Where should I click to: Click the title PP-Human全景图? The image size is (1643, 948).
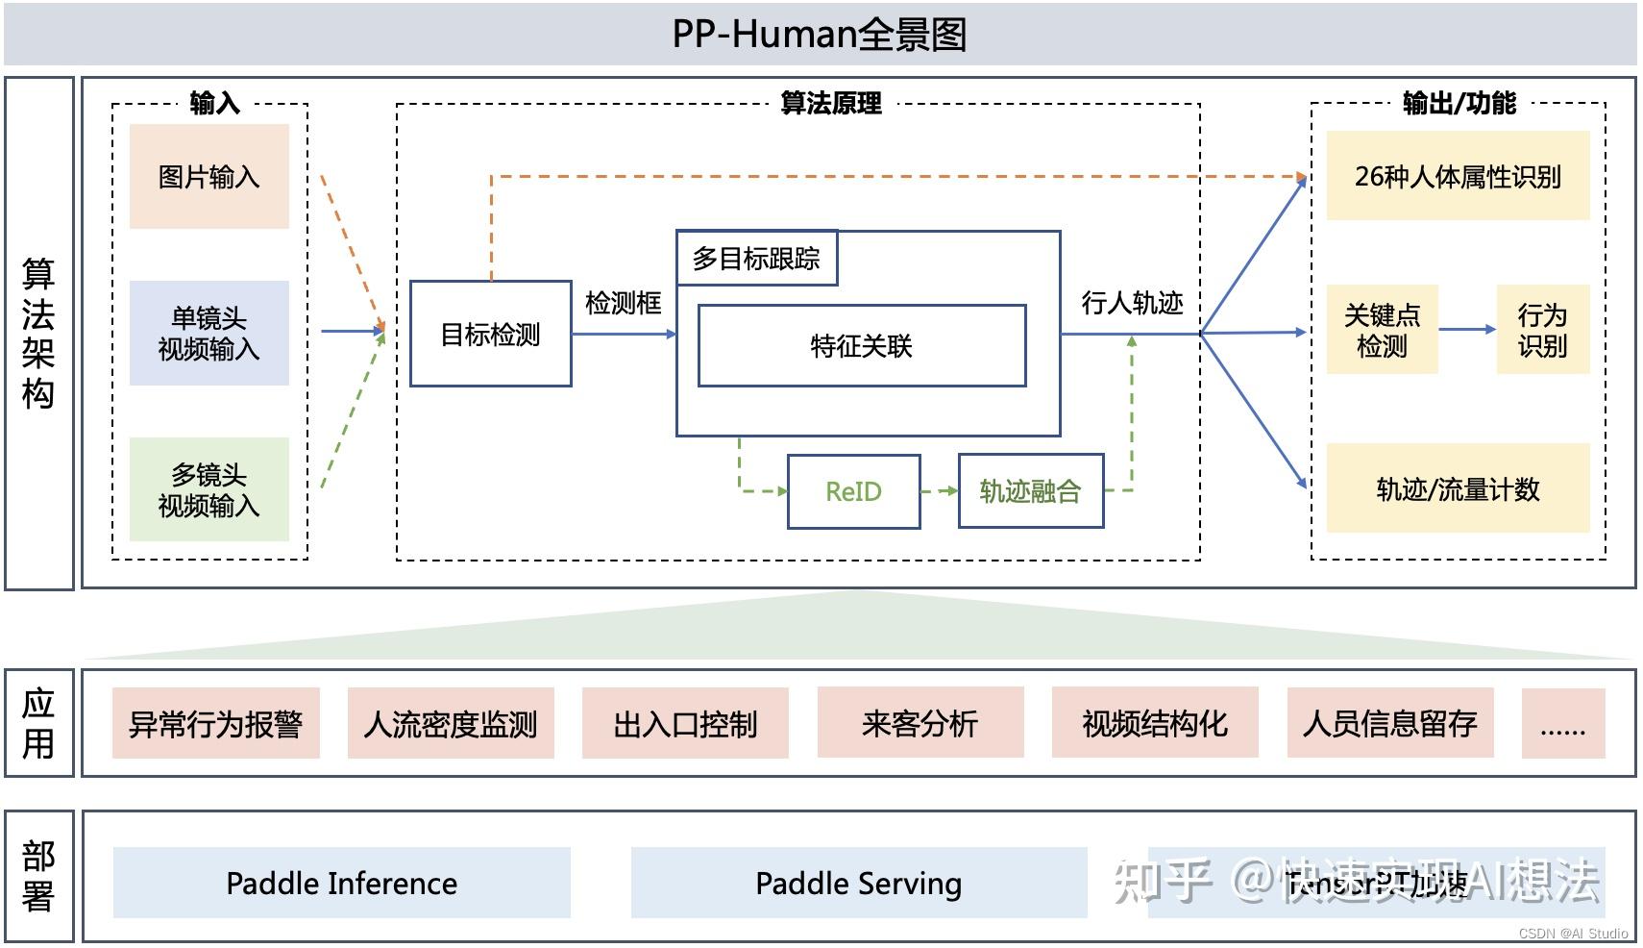[820, 35]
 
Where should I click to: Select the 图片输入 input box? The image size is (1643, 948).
[208, 177]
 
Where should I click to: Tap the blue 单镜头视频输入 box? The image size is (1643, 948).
[208, 333]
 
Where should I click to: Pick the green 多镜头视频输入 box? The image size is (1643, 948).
[208, 489]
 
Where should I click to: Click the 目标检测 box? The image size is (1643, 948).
[490, 334]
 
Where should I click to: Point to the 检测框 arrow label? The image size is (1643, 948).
[623, 304]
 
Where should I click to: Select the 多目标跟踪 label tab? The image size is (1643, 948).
[756, 259]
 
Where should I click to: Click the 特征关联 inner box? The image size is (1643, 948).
[861, 346]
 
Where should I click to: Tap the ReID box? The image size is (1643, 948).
[853, 491]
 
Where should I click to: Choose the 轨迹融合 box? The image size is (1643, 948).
[1030, 491]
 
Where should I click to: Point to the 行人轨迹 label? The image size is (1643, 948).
[1131, 304]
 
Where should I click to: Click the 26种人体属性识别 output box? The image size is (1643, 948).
[1457, 177]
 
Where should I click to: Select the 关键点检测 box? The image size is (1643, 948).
[1381, 330]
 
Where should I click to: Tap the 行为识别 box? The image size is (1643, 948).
[1542, 330]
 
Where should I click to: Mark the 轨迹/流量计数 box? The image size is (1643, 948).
[1457, 489]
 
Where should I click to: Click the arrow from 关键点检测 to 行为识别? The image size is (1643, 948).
[1466, 329]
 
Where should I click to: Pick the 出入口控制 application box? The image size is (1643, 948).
[685, 723]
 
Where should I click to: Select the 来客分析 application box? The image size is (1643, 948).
[920, 723]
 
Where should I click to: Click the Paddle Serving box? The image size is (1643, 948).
[858, 883]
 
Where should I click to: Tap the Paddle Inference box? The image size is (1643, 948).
[341, 883]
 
